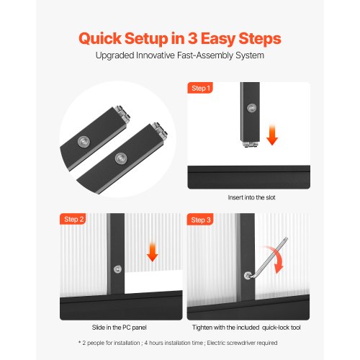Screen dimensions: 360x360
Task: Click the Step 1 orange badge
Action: click(200, 88)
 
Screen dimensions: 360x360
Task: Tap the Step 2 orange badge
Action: click(73, 219)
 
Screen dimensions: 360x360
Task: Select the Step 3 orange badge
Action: click(200, 220)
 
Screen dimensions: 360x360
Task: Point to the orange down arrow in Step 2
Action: click(152, 252)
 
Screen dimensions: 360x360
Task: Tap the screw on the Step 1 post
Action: click(251, 108)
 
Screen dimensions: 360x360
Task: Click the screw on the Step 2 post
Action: click(117, 269)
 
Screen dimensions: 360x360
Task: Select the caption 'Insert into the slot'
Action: click(251, 197)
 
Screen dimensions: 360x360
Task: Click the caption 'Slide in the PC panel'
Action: click(119, 328)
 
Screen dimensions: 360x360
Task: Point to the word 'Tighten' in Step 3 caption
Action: click(202, 328)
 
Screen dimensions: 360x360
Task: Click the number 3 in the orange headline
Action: click(193, 38)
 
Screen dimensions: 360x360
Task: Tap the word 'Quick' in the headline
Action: click(100, 39)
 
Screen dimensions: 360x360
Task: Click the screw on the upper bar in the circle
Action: click(84, 141)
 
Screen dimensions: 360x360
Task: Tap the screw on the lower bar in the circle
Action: click(121, 158)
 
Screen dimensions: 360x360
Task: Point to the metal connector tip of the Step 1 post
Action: click(250, 144)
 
